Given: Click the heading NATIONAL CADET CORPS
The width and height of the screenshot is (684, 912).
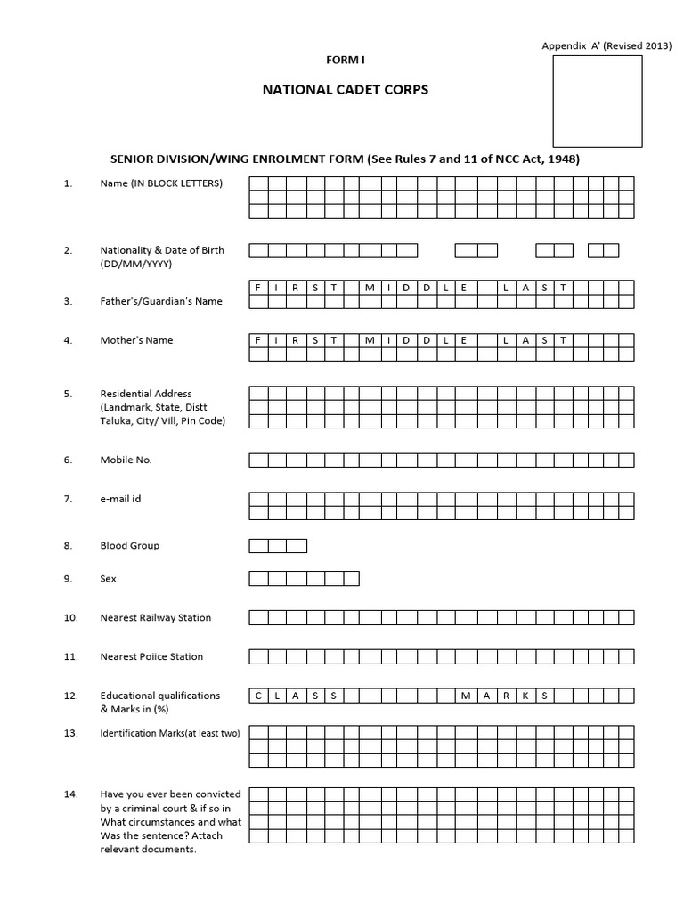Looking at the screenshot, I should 345,90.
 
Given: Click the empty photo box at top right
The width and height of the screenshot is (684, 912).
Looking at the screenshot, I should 597,101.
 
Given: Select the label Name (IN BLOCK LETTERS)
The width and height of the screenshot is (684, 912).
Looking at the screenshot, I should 161,183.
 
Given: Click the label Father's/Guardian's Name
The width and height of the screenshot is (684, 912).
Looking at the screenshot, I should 161,301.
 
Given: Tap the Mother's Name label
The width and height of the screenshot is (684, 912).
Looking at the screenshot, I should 136,340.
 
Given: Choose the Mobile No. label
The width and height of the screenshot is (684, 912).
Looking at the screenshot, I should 126,460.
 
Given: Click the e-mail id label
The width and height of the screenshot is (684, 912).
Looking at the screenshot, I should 120,499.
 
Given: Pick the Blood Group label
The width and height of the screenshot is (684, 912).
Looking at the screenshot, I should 130,545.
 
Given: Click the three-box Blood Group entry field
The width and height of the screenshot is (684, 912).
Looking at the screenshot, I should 278,545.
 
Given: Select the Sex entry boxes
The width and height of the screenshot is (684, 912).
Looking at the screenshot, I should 304,579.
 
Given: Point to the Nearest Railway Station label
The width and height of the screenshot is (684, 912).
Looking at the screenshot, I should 156,617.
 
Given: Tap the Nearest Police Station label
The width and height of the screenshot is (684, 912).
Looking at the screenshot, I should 151,656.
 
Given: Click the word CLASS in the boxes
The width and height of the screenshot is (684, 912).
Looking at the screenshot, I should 296,696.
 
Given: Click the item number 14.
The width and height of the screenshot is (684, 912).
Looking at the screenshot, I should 70,794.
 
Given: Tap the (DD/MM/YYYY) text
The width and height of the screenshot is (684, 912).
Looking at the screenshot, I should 136,265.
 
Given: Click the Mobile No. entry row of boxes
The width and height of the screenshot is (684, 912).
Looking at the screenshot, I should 441,460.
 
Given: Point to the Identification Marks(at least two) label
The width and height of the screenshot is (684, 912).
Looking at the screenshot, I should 170,733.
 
